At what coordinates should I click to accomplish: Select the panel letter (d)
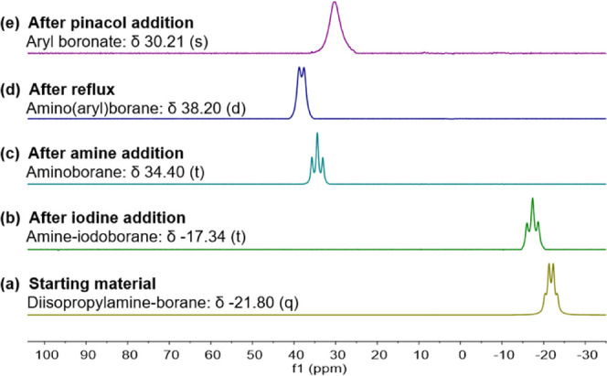16,86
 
